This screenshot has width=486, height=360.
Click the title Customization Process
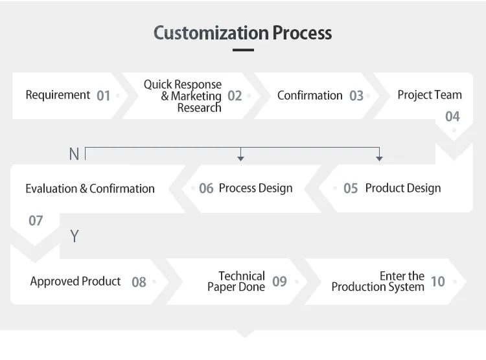pyautogui.click(x=243, y=33)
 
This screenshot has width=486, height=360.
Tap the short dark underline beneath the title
pyautogui.click(x=243, y=50)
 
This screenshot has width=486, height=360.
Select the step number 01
pyautogui.click(x=103, y=96)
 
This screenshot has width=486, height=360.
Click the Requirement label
pyautogui.click(x=58, y=95)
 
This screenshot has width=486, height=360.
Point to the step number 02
pyautogui.click(x=235, y=96)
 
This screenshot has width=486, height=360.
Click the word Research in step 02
pyautogui.click(x=200, y=108)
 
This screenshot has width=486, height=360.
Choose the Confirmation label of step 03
pyautogui.click(x=310, y=95)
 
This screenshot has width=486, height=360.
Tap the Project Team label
pyautogui.click(x=430, y=95)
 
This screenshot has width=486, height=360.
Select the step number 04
pyautogui.click(x=452, y=117)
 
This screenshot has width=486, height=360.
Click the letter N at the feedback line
pyautogui.click(x=74, y=154)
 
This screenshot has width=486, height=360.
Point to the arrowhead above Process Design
pyautogui.click(x=241, y=159)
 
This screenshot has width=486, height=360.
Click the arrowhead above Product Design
pyautogui.click(x=379, y=159)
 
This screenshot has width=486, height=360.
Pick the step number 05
pyautogui.click(x=351, y=188)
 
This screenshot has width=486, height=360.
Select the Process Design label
pyautogui.click(x=256, y=188)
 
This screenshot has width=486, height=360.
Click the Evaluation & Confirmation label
pyautogui.click(x=90, y=188)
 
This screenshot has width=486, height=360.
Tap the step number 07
pyautogui.click(x=36, y=221)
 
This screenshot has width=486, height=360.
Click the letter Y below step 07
pyautogui.click(x=75, y=236)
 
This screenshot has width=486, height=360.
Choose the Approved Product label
pyautogui.click(x=75, y=281)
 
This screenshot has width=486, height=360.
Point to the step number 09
pyautogui.click(x=279, y=281)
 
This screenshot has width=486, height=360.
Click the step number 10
pyautogui.click(x=438, y=281)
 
